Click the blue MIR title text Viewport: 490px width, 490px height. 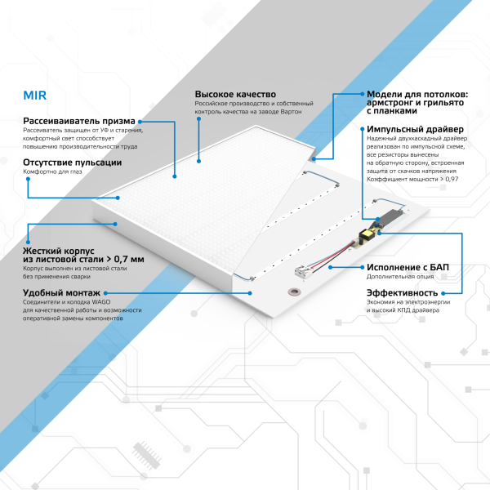35,95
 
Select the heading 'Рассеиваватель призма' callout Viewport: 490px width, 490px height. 82,121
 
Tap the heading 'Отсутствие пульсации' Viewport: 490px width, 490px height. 73,163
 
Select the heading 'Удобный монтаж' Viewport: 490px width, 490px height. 62,292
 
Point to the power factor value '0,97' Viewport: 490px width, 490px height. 452,177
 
